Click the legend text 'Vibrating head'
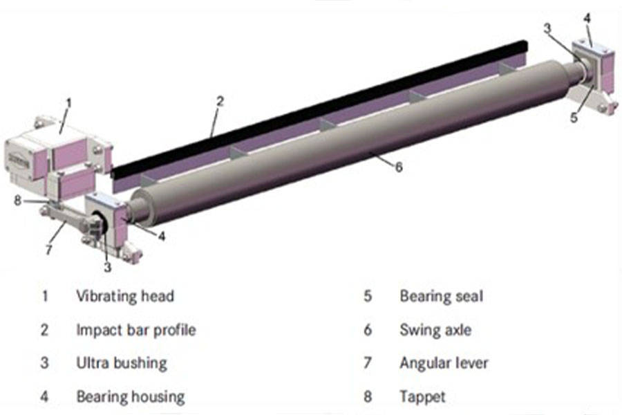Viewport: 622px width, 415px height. pyautogui.click(x=124, y=296)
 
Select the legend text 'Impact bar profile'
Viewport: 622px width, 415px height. pyautogui.click(x=135, y=329)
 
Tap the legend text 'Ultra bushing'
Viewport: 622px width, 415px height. pyautogui.click(x=121, y=362)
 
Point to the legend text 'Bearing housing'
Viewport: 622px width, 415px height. pyautogui.click(x=130, y=396)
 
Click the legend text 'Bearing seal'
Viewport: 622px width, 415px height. pyautogui.click(x=441, y=296)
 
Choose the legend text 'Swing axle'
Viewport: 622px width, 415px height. pyautogui.click(x=435, y=329)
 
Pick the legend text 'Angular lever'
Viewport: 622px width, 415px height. pyautogui.click(x=443, y=362)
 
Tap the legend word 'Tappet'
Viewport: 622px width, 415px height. pyautogui.click(x=422, y=396)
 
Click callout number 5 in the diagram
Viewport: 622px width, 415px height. pyautogui.click(x=574, y=116)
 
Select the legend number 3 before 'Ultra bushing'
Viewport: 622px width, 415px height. pyautogui.click(x=44, y=362)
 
